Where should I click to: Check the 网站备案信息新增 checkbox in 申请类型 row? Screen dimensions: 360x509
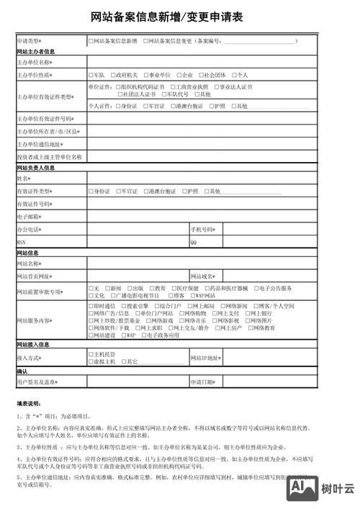[91, 42]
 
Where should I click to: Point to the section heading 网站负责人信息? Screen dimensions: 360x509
[36, 168]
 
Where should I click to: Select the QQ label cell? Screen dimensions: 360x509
[194, 242]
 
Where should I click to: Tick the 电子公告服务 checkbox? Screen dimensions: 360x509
[254, 288]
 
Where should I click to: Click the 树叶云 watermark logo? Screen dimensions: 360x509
[320, 489]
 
